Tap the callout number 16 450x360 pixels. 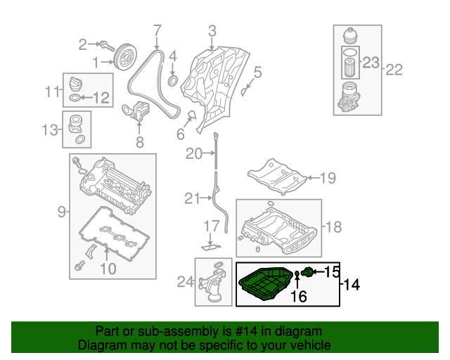tap(299, 297)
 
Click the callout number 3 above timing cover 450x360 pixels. tap(157, 30)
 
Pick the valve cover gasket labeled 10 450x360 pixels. tap(102, 98)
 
